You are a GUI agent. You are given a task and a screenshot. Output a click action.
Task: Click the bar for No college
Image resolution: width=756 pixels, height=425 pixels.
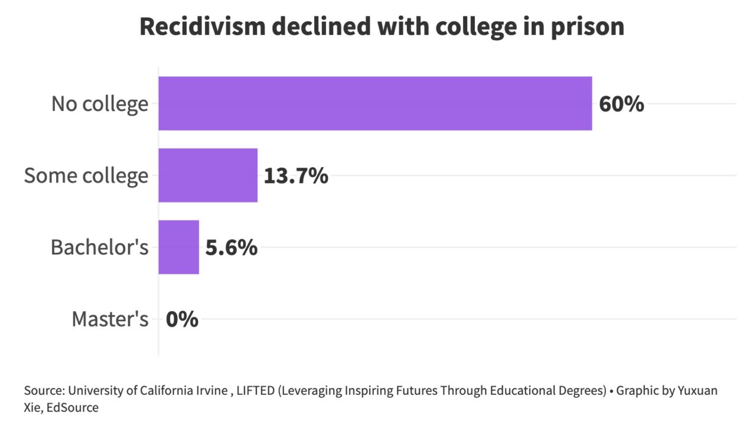[375, 103]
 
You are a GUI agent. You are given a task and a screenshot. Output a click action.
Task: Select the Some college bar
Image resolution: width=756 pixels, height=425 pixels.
[208, 175]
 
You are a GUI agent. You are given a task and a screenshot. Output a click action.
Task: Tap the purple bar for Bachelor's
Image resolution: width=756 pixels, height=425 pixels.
[178, 247]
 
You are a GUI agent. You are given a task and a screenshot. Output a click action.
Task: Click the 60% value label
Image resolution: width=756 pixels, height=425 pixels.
[621, 104]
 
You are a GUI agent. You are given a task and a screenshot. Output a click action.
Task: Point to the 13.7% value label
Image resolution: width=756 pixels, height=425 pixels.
[296, 176]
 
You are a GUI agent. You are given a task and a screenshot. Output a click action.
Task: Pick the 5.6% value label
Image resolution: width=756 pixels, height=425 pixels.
[231, 247]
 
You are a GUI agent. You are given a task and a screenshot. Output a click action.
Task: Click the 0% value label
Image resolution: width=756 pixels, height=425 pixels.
[182, 319]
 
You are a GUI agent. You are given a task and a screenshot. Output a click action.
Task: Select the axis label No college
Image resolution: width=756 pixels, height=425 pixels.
[100, 104]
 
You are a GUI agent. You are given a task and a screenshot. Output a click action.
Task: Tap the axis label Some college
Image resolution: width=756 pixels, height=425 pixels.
[86, 176]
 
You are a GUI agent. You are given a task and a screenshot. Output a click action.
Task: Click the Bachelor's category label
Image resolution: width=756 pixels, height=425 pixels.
[99, 247]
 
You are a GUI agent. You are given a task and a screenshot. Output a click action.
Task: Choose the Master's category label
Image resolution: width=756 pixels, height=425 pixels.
[110, 319]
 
